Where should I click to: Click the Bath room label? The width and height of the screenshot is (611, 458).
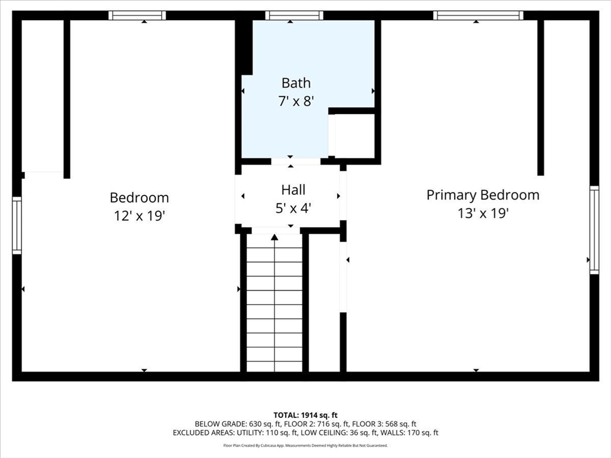click(296, 83)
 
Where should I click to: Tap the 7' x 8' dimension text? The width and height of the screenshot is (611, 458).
click(296, 101)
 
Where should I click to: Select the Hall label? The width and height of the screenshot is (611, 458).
click(294, 190)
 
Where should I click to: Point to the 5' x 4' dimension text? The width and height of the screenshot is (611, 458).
click(293, 208)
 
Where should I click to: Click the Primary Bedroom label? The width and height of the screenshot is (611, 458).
click(483, 195)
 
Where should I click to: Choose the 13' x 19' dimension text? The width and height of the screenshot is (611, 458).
click(483, 213)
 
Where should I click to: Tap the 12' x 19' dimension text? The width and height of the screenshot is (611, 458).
click(140, 215)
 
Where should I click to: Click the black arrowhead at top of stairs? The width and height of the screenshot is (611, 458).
click(274, 237)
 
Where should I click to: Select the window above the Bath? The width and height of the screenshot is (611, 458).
click(294, 16)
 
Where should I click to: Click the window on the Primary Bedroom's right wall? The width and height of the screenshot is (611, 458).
click(594, 230)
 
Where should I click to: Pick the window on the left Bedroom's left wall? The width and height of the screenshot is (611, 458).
click(17, 225)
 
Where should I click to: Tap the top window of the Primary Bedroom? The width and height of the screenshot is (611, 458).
click(478, 16)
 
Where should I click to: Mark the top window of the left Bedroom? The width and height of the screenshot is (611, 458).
click(137, 16)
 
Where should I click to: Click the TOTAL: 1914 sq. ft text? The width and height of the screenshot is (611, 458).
click(305, 415)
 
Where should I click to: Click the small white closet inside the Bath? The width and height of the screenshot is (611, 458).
click(354, 136)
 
